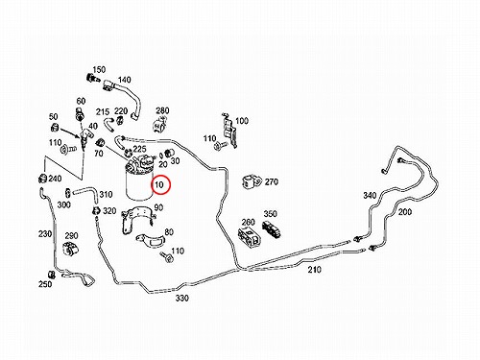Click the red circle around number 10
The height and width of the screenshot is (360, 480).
[152, 184]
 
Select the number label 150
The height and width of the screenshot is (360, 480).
[99, 69]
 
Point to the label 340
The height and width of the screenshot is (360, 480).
[370, 195]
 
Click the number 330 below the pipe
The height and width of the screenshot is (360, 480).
[181, 298]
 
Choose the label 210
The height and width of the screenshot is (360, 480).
[314, 270]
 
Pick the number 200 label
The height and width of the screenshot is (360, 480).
[404, 211]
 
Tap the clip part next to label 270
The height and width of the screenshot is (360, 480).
[252, 181]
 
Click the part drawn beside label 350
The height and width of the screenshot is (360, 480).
[272, 229]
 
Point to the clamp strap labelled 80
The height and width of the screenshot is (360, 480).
[151, 241]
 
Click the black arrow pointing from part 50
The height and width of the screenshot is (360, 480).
[70, 132]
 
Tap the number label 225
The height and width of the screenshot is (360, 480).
[139, 149]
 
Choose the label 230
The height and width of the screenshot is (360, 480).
[45, 234]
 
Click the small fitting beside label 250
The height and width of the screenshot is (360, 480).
[52, 275]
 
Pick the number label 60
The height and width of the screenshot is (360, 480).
[81, 101]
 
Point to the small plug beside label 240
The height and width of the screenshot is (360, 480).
[42, 178]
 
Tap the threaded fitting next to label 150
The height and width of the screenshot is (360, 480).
[91, 78]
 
